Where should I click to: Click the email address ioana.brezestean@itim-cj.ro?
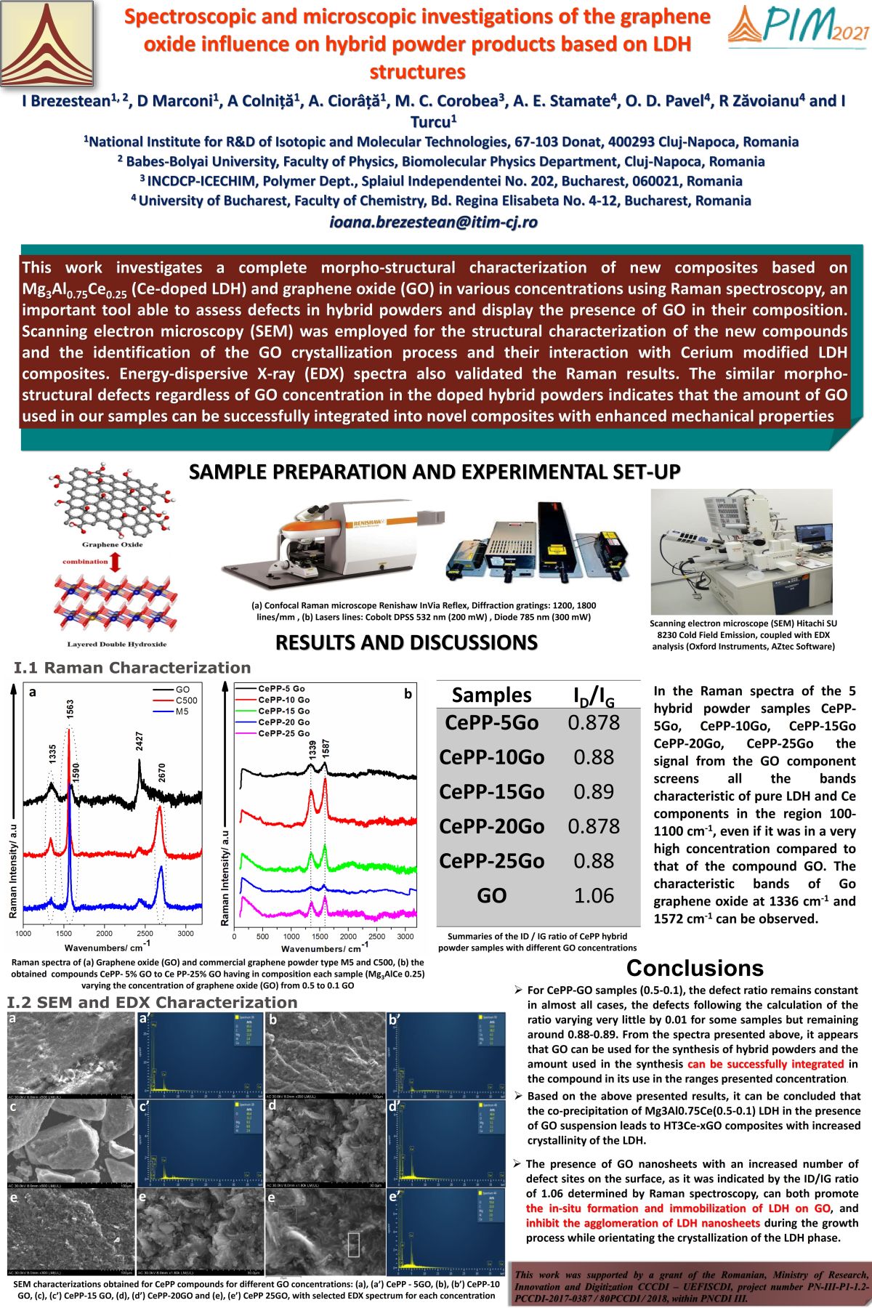(x=434, y=222)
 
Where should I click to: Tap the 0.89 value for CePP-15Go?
(x=594, y=791)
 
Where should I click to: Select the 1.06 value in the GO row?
(x=594, y=895)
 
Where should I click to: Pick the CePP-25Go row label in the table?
(x=492, y=861)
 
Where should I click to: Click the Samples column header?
(x=492, y=695)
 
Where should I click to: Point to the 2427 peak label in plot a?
(x=140, y=741)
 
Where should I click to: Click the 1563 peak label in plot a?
(x=70, y=710)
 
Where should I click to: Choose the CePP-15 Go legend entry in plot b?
(x=283, y=711)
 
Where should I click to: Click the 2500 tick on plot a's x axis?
(x=145, y=933)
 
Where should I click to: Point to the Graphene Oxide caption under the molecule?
(x=112, y=544)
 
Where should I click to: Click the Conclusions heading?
(x=695, y=968)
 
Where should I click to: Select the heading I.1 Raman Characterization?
(x=132, y=668)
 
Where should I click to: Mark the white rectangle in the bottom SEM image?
(x=354, y=1244)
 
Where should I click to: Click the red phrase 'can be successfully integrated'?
(x=765, y=1064)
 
